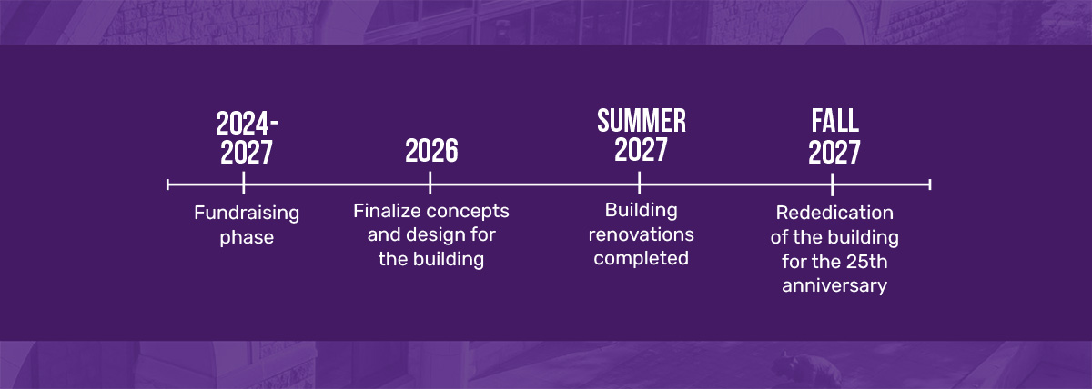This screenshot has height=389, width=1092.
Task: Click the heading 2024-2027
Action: coord(247,138)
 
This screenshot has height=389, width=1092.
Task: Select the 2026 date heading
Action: coord(431,151)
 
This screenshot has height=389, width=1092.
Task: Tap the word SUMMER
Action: coord(642,121)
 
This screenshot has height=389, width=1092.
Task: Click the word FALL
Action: coord(834,121)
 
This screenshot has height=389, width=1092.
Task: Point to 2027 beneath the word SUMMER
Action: coord(641,149)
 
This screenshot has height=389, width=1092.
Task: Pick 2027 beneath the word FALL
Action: coord(834,153)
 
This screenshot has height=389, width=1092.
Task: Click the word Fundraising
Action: coord(247,214)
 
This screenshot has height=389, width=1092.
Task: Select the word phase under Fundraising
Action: coord(247,238)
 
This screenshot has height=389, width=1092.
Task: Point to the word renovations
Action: coord(641,234)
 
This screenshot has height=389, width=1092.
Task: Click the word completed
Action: coord(641,258)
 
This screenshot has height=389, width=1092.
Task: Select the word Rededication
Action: coord(834,213)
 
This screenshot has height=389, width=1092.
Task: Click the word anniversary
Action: coord(834,285)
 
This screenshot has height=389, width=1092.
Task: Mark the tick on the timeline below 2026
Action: coord(430,183)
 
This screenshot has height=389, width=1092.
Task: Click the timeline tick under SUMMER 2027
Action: coord(639,183)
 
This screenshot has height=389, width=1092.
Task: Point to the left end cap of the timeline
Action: coord(167,185)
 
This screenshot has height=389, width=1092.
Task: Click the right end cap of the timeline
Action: coord(930,185)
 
